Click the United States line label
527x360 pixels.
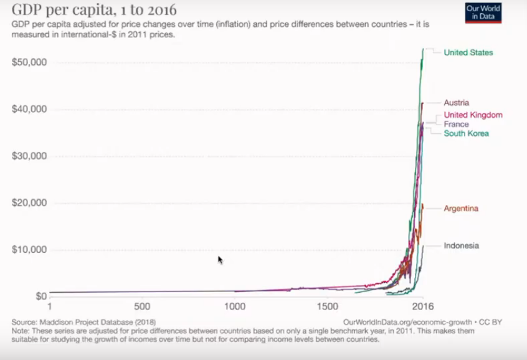(x=468, y=53)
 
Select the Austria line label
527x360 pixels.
(x=456, y=103)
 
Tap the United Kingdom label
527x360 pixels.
(x=473, y=115)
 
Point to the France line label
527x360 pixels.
(x=456, y=125)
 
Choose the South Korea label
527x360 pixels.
(x=466, y=133)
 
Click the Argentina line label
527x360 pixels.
(x=461, y=209)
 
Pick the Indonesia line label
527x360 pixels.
(x=461, y=246)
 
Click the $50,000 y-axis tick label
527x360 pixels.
(x=30, y=62)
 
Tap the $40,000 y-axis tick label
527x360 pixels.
(x=30, y=109)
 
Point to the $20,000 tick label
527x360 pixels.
(x=30, y=203)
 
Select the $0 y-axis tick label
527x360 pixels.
(x=41, y=296)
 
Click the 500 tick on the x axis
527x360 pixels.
(x=142, y=307)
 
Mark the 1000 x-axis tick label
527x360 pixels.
(x=235, y=307)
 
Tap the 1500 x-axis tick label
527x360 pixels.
(x=328, y=307)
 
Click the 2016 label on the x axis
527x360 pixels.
(x=422, y=307)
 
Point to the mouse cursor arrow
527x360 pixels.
(x=220, y=259)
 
